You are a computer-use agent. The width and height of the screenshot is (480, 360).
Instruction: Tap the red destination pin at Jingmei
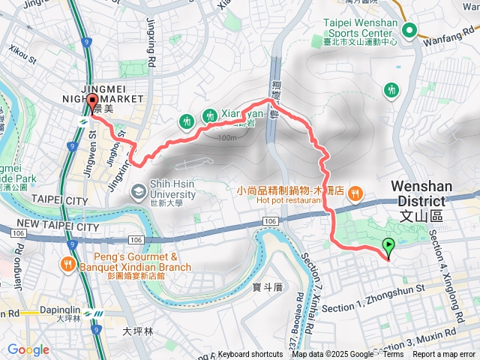coord(92,103)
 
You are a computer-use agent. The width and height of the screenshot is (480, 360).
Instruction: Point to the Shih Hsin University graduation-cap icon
coord(138,192)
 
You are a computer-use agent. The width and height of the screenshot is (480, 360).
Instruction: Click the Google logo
coord(28,349)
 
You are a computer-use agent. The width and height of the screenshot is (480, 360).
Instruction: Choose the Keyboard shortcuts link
coord(250,354)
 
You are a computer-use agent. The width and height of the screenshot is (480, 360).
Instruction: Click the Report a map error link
coord(444,354)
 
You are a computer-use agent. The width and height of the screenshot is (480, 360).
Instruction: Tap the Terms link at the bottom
coord(393,354)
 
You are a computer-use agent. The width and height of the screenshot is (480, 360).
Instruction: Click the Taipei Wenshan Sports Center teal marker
coord(409,30)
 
